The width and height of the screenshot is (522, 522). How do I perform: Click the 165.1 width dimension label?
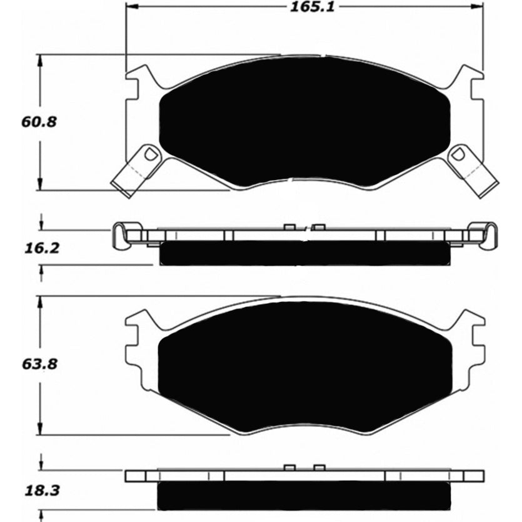(x=312, y=7)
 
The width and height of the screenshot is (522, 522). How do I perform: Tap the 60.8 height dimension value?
(x=39, y=122)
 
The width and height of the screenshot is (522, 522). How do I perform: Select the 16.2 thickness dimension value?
(x=42, y=248)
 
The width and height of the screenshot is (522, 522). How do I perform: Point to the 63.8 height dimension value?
(x=39, y=364)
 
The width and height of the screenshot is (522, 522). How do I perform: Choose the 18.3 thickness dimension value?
(x=42, y=490)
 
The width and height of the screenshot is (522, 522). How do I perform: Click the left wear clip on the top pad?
(x=136, y=171)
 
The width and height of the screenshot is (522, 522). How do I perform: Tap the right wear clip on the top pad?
(x=473, y=171)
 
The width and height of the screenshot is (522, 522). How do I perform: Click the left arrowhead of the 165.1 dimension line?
(x=132, y=6)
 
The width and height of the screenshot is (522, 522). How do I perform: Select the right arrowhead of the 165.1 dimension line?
(x=478, y=6)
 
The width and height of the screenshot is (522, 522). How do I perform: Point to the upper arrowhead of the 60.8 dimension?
(x=40, y=61)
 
